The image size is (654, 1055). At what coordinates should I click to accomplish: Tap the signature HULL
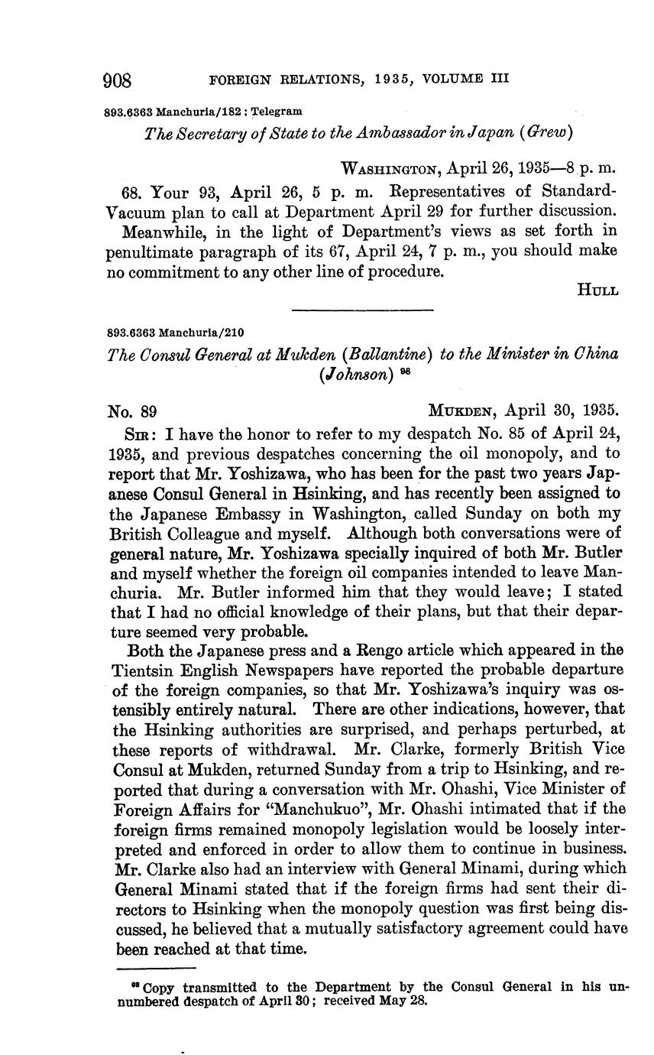[x=598, y=291]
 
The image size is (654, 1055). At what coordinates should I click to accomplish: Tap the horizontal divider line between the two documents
[x=362, y=310]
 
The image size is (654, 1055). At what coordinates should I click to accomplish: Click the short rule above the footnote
[x=156, y=969]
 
